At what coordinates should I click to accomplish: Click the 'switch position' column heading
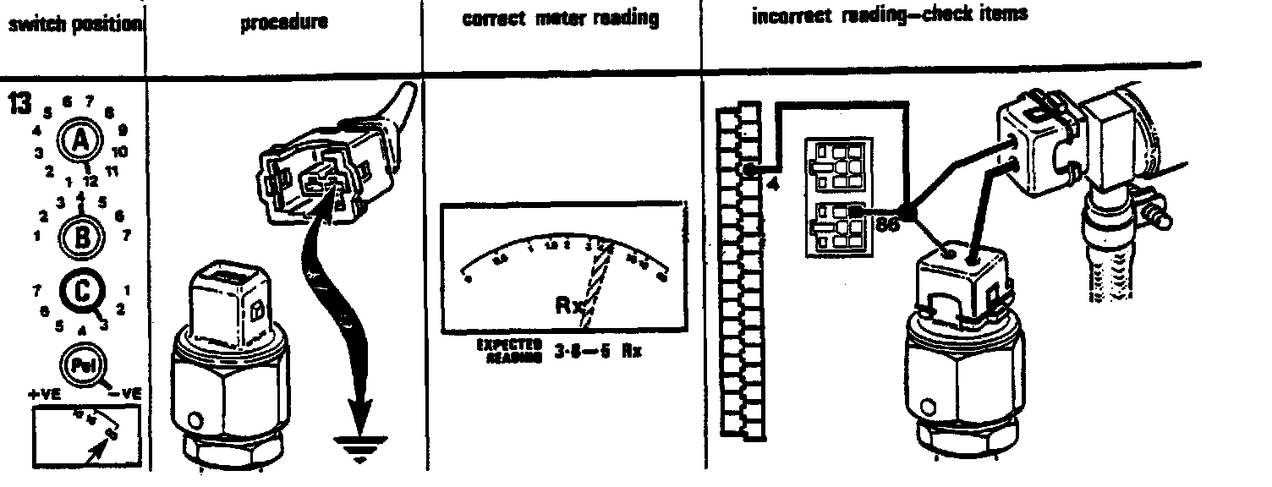pos(74,24)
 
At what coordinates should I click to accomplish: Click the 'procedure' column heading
pos(284,23)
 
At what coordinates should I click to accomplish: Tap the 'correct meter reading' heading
pos(560,19)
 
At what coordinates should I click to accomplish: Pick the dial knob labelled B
pos(81,236)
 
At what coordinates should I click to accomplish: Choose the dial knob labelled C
pos(81,293)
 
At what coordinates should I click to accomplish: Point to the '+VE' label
pos(44,394)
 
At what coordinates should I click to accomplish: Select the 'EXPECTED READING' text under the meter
pos(507,351)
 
